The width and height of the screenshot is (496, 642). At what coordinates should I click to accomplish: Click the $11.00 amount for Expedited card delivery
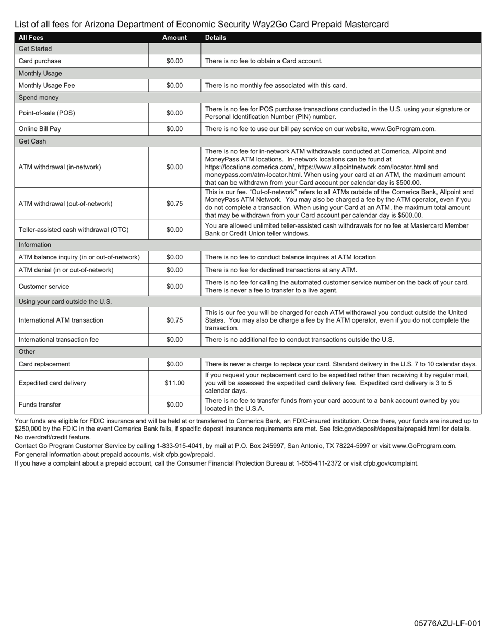pos(174,383)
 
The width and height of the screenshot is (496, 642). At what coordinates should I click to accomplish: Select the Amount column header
pos(174,38)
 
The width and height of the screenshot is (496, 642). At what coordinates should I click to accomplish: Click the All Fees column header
pos(31,38)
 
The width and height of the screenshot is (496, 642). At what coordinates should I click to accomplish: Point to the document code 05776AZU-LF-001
pos(447,623)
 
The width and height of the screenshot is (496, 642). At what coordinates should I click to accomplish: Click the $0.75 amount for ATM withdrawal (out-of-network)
pos(174,204)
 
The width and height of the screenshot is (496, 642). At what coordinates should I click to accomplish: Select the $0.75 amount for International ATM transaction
pos(174,320)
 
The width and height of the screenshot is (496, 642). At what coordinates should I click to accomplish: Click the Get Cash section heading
pos(32,141)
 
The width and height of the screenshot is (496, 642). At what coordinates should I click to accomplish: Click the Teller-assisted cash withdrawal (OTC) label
pos(74,230)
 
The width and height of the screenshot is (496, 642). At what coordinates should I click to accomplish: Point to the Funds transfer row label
pos(40,405)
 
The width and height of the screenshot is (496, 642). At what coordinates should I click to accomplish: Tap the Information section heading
pos(35,245)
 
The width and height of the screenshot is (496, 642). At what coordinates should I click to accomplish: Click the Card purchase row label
pos(40,61)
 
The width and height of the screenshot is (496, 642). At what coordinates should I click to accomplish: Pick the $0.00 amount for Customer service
pos(174,287)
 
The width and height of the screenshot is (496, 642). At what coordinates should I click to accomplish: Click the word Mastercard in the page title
pos(368,25)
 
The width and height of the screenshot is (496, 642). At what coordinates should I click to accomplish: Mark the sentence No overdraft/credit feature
pos(53,437)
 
